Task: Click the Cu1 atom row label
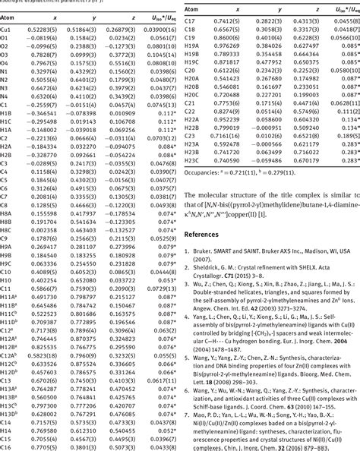[x=9, y=27]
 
